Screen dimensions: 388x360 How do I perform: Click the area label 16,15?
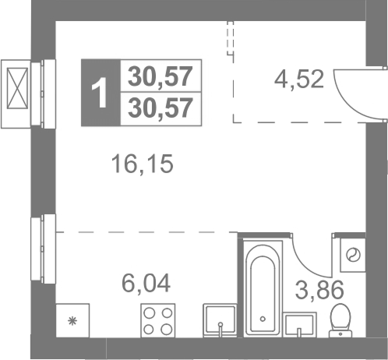(142, 164)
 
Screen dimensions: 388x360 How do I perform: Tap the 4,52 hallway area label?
(299, 79)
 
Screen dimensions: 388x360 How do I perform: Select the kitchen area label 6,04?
(146, 283)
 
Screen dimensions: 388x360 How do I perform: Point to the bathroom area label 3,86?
(319, 290)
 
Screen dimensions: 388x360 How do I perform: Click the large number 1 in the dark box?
(99, 93)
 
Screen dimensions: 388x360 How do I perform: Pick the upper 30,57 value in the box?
(160, 76)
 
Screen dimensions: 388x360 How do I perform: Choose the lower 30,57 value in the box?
(160, 108)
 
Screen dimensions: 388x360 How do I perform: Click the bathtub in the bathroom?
(263, 288)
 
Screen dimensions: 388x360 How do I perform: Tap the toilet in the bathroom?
(340, 321)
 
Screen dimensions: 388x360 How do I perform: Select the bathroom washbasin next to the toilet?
(300, 325)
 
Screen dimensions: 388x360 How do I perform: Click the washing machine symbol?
(353, 255)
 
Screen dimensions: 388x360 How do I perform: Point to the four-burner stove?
(158, 321)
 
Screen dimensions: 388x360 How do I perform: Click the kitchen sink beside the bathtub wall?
(220, 320)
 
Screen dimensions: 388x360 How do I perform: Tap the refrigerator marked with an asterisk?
(72, 320)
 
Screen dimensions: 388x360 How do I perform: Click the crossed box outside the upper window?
(17, 88)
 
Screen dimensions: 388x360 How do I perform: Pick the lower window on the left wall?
(43, 249)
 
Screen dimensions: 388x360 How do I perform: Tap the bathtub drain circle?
(263, 319)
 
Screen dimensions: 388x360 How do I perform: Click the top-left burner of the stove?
(150, 313)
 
